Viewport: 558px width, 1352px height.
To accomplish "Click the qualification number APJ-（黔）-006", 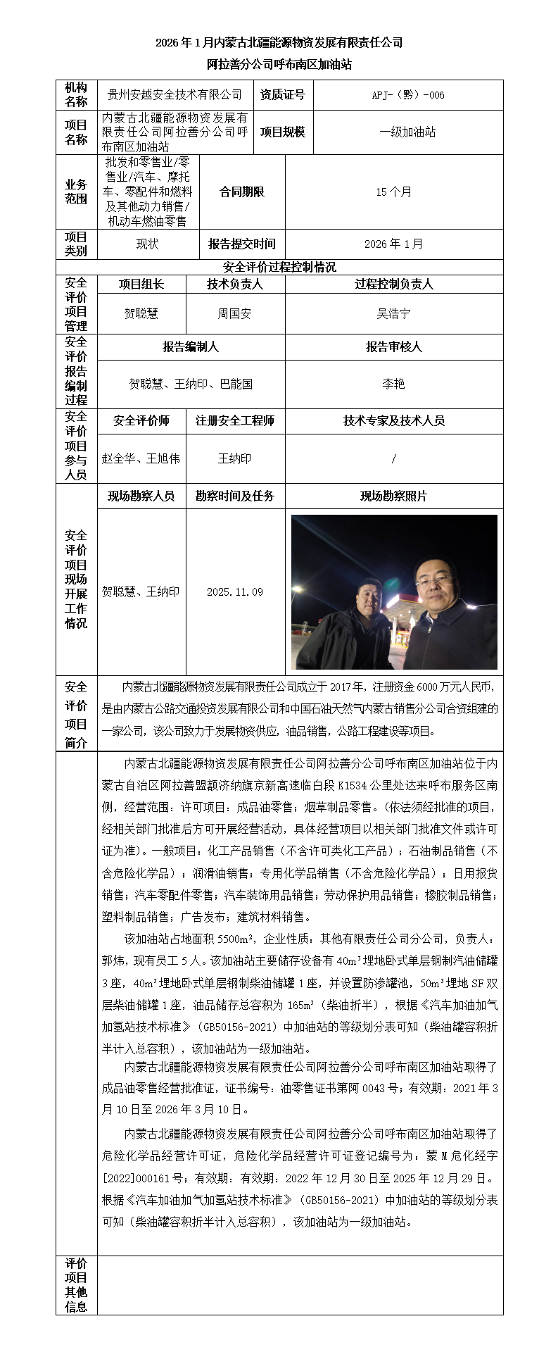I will (x=408, y=95).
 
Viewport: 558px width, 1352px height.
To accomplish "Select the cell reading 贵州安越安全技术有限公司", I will (x=175, y=95).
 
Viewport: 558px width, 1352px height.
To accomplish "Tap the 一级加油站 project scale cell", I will (x=408, y=132).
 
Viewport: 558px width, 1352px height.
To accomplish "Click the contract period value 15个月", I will (x=394, y=192).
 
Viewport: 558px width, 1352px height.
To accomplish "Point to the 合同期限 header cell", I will (x=242, y=192).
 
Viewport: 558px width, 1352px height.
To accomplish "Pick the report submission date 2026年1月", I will (x=394, y=244).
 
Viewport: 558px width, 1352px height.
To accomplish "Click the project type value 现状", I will (x=148, y=244).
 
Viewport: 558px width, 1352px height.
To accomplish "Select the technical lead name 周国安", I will (x=235, y=313).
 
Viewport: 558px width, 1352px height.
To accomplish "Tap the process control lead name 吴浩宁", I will (x=394, y=313).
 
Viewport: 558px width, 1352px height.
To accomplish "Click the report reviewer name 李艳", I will (x=394, y=384).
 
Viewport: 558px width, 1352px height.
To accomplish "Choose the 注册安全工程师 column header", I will (x=235, y=421).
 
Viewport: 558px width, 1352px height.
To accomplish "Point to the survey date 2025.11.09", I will (x=235, y=591).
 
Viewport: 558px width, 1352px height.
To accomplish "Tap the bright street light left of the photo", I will (x=297, y=588).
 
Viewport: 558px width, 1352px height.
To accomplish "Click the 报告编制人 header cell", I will (x=191, y=346).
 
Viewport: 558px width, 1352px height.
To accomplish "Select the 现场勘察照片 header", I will (x=394, y=496).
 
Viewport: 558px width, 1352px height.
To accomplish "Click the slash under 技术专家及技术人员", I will (x=394, y=458).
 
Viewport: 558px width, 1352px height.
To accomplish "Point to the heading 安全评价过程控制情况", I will (x=279, y=267).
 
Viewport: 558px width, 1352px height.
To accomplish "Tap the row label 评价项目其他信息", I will (x=76, y=1284).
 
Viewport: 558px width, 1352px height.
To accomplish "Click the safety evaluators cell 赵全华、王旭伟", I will (x=141, y=458).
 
